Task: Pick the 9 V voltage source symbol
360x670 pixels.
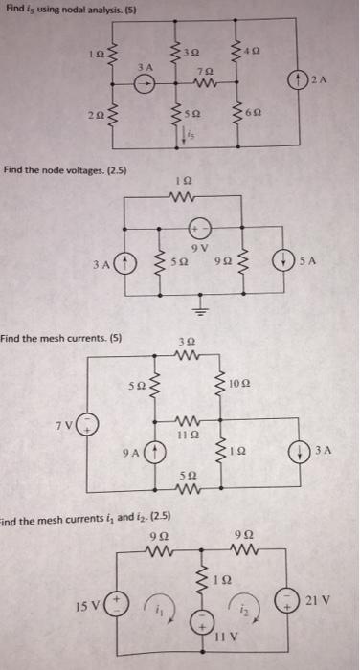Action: click(x=200, y=230)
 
